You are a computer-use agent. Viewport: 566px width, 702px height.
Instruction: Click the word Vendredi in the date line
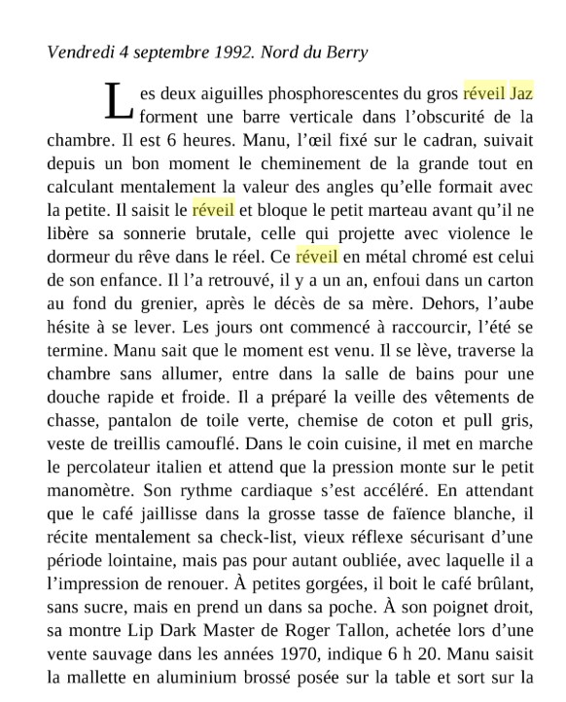(80, 52)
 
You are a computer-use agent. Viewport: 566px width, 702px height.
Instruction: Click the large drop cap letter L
(117, 101)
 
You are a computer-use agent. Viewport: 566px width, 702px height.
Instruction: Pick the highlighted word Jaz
(522, 95)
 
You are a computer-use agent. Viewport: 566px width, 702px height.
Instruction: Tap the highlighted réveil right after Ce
(317, 257)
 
